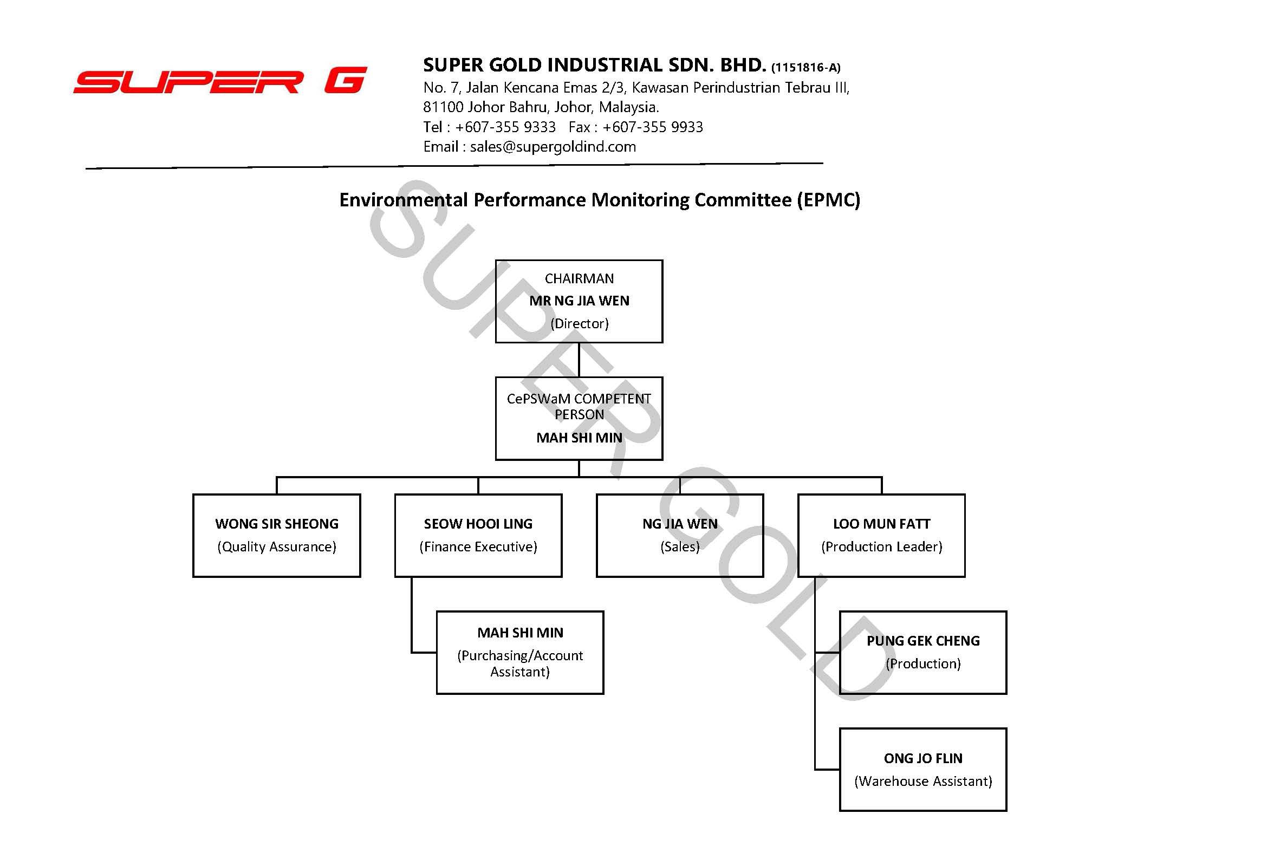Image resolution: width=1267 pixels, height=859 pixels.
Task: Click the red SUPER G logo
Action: [x=220, y=81]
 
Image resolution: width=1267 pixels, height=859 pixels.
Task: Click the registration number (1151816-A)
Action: [x=805, y=68]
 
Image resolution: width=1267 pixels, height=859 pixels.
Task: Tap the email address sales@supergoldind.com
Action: [x=553, y=147]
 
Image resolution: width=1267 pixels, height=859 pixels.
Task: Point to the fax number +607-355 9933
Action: [x=653, y=127]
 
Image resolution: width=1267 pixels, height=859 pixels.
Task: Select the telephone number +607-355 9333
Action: [x=505, y=127]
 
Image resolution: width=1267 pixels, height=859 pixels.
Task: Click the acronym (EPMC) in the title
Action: [x=828, y=200]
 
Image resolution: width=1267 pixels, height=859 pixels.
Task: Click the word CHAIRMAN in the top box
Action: [x=579, y=278]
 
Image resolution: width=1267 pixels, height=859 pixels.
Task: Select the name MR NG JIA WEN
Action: [x=579, y=301]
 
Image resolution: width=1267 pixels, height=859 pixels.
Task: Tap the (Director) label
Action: [x=579, y=324]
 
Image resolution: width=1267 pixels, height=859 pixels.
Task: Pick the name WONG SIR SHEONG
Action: [x=277, y=524]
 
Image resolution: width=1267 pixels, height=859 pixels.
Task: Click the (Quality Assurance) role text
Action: [x=277, y=546]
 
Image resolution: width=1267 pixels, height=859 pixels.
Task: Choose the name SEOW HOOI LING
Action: [x=478, y=524]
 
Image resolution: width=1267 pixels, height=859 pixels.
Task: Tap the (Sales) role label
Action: [x=680, y=546]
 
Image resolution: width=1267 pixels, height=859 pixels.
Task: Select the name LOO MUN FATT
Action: [x=881, y=524]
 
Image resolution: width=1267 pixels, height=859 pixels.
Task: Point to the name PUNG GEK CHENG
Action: [x=923, y=641]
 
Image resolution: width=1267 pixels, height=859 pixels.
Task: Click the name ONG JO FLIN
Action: [x=923, y=758]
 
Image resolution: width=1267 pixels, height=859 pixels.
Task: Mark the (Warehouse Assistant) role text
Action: [x=923, y=781]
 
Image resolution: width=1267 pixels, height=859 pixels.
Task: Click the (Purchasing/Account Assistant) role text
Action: [x=520, y=663]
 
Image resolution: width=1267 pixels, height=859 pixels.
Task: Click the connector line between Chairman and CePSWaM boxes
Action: [x=579, y=360]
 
